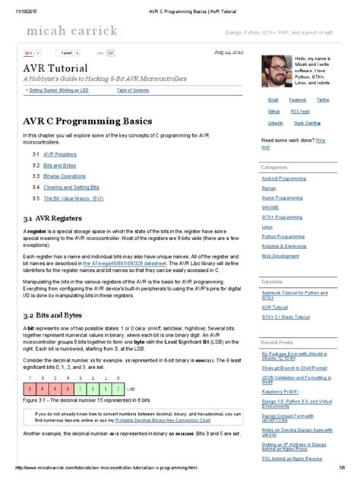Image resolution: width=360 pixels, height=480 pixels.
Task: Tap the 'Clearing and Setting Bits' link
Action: [x=72, y=186]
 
